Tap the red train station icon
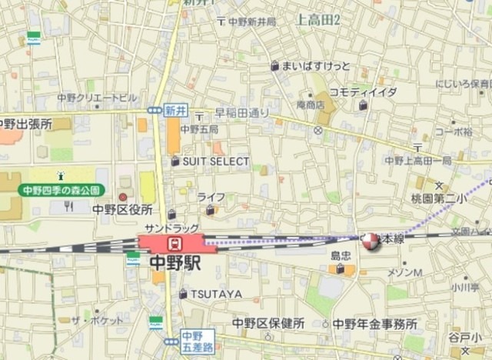coord(175,244)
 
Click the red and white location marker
coord(371,242)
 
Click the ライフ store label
coord(211,198)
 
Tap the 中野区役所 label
coord(122,209)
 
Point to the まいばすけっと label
coord(316,66)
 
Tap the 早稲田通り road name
coord(242,112)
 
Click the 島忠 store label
coord(341,255)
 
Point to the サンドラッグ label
coord(171,228)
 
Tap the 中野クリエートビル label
coord(97,98)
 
